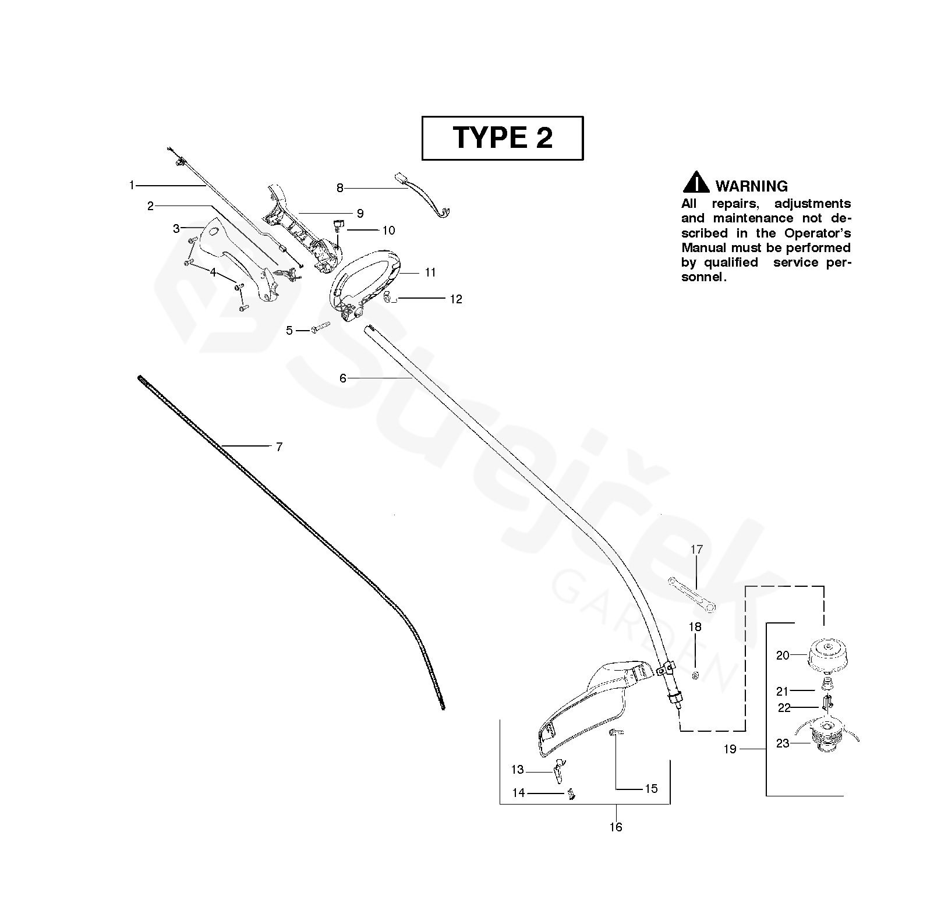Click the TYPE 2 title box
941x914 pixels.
502,138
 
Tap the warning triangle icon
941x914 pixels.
695,183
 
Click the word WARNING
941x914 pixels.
751,186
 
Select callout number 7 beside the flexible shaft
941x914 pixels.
279,447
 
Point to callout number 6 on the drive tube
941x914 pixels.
343,378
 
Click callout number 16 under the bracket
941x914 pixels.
615,827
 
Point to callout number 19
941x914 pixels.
730,749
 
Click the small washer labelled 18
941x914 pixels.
695,675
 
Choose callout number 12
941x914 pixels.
456,299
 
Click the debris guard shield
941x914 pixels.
588,707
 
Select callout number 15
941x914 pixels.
650,788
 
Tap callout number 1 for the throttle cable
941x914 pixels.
132,185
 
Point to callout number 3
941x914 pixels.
176,229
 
